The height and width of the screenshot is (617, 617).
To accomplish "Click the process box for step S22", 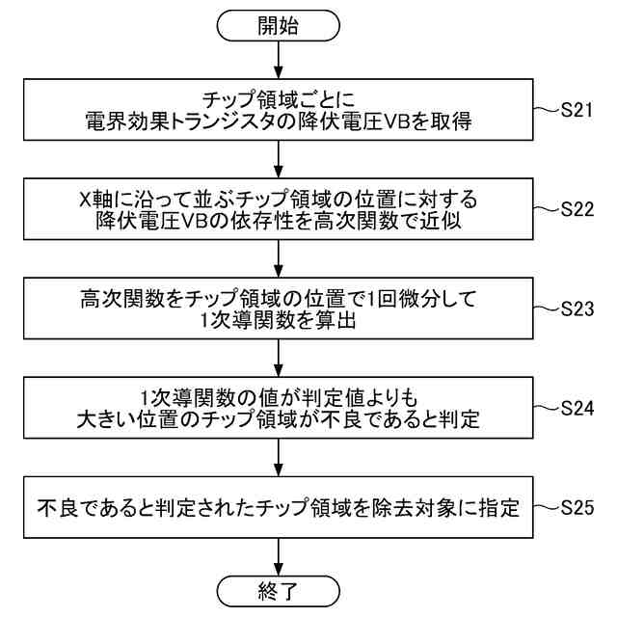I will coord(278,209).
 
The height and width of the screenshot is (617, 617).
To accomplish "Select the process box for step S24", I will coord(278,408).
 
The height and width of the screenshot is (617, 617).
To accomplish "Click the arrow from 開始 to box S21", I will coord(278,60).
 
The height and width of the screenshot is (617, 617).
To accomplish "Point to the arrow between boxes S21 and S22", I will coord(278,159).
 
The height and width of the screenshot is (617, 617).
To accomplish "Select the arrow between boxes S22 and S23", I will coord(278,258).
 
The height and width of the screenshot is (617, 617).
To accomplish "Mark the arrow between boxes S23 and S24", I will coord(278,358).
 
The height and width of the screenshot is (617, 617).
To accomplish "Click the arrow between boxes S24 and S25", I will coord(278,457).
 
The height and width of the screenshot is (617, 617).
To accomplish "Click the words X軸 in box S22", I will coord(96,199).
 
